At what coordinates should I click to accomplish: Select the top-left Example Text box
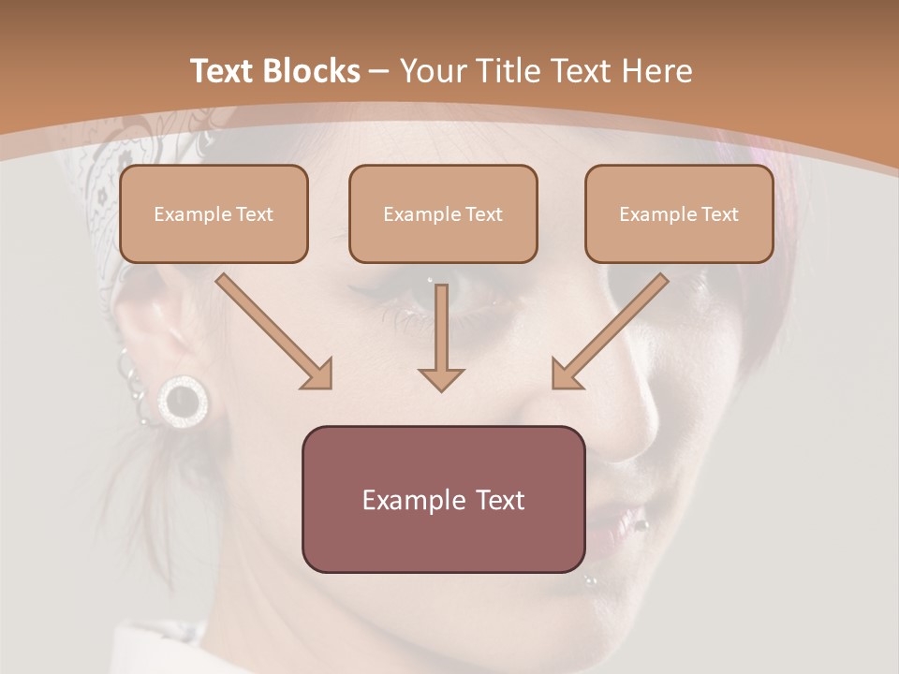point(214,213)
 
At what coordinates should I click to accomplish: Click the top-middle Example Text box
point(443,213)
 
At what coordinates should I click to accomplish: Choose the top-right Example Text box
point(679,213)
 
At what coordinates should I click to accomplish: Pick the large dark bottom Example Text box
point(443,499)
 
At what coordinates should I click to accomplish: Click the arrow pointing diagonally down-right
point(274,331)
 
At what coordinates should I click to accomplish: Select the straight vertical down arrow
point(441,337)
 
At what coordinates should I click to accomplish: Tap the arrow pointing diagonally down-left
point(610,331)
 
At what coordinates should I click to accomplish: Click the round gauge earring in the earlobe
point(182,401)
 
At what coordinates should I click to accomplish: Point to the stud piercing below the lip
point(591,581)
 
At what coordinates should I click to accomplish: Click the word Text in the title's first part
point(224,71)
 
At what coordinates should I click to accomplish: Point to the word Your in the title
point(434,71)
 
